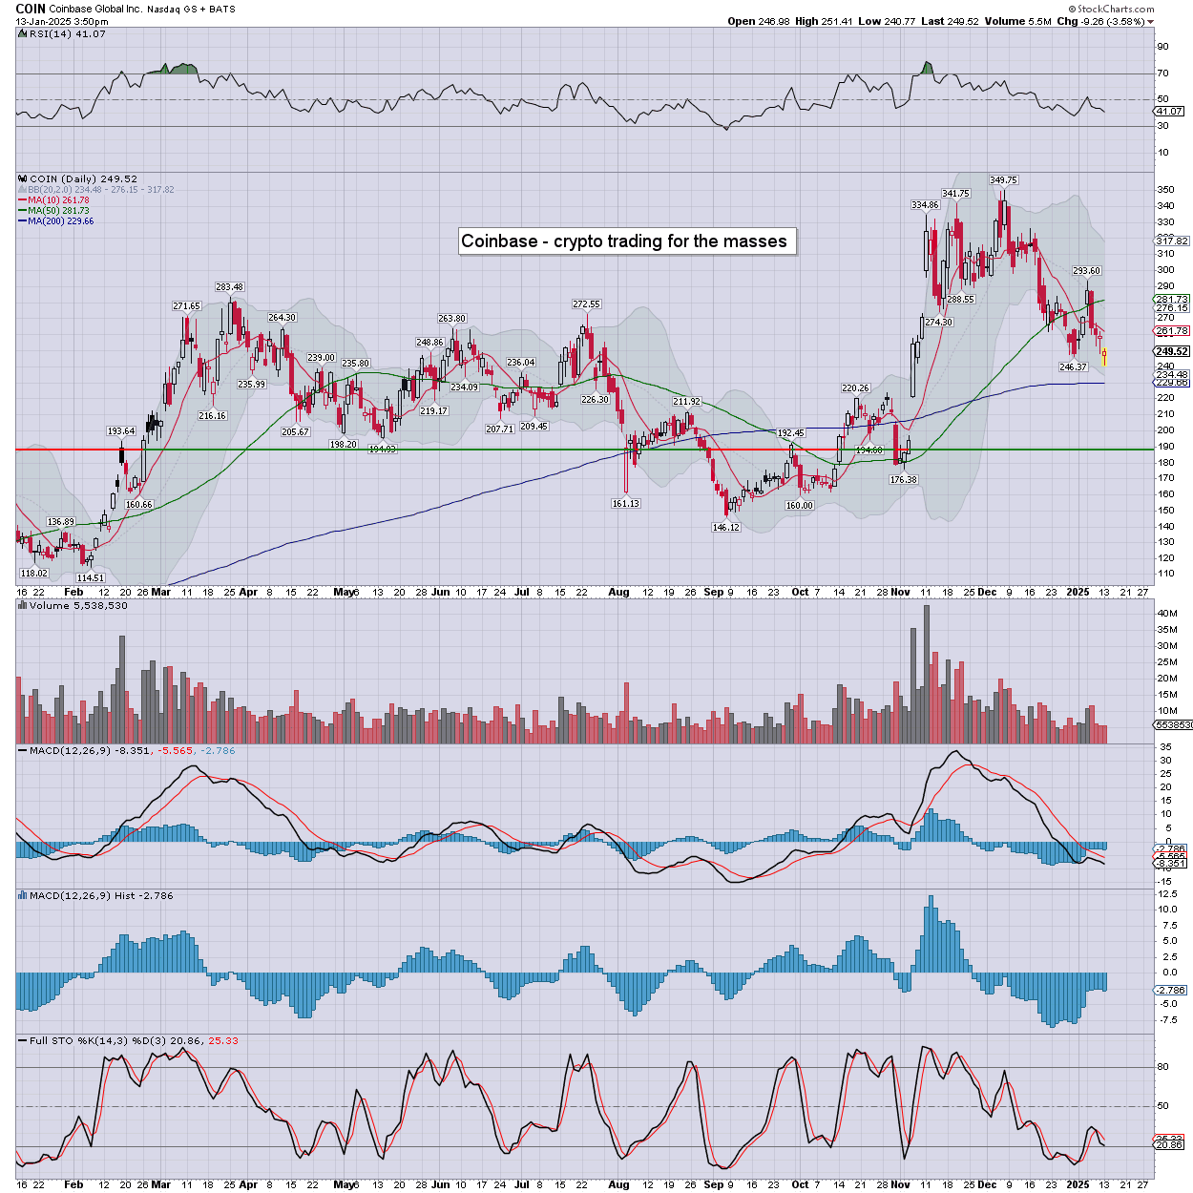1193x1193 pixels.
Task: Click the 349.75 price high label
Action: [x=1003, y=179]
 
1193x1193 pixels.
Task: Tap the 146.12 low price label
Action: [x=726, y=527]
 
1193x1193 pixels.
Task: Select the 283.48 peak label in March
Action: [x=229, y=286]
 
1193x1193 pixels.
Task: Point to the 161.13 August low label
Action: [x=625, y=503]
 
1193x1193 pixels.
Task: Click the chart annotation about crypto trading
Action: [x=624, y=241]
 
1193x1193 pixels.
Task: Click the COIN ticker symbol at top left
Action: [x=30, y=9]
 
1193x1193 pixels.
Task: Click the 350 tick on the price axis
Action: [x=1165, y=190]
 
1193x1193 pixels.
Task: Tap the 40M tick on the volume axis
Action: [x=1166, y=613]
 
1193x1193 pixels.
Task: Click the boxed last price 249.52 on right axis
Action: [x=1172, y=351]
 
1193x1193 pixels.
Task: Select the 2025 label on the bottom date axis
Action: [x=1078, y=1184]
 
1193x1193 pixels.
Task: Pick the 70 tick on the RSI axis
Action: [x=1162, y=73]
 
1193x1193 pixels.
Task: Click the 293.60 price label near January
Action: [x=1086, y=271]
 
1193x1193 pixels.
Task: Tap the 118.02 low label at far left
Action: [x=33, y=573]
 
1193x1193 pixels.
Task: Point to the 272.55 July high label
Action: [x=586, y=304]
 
